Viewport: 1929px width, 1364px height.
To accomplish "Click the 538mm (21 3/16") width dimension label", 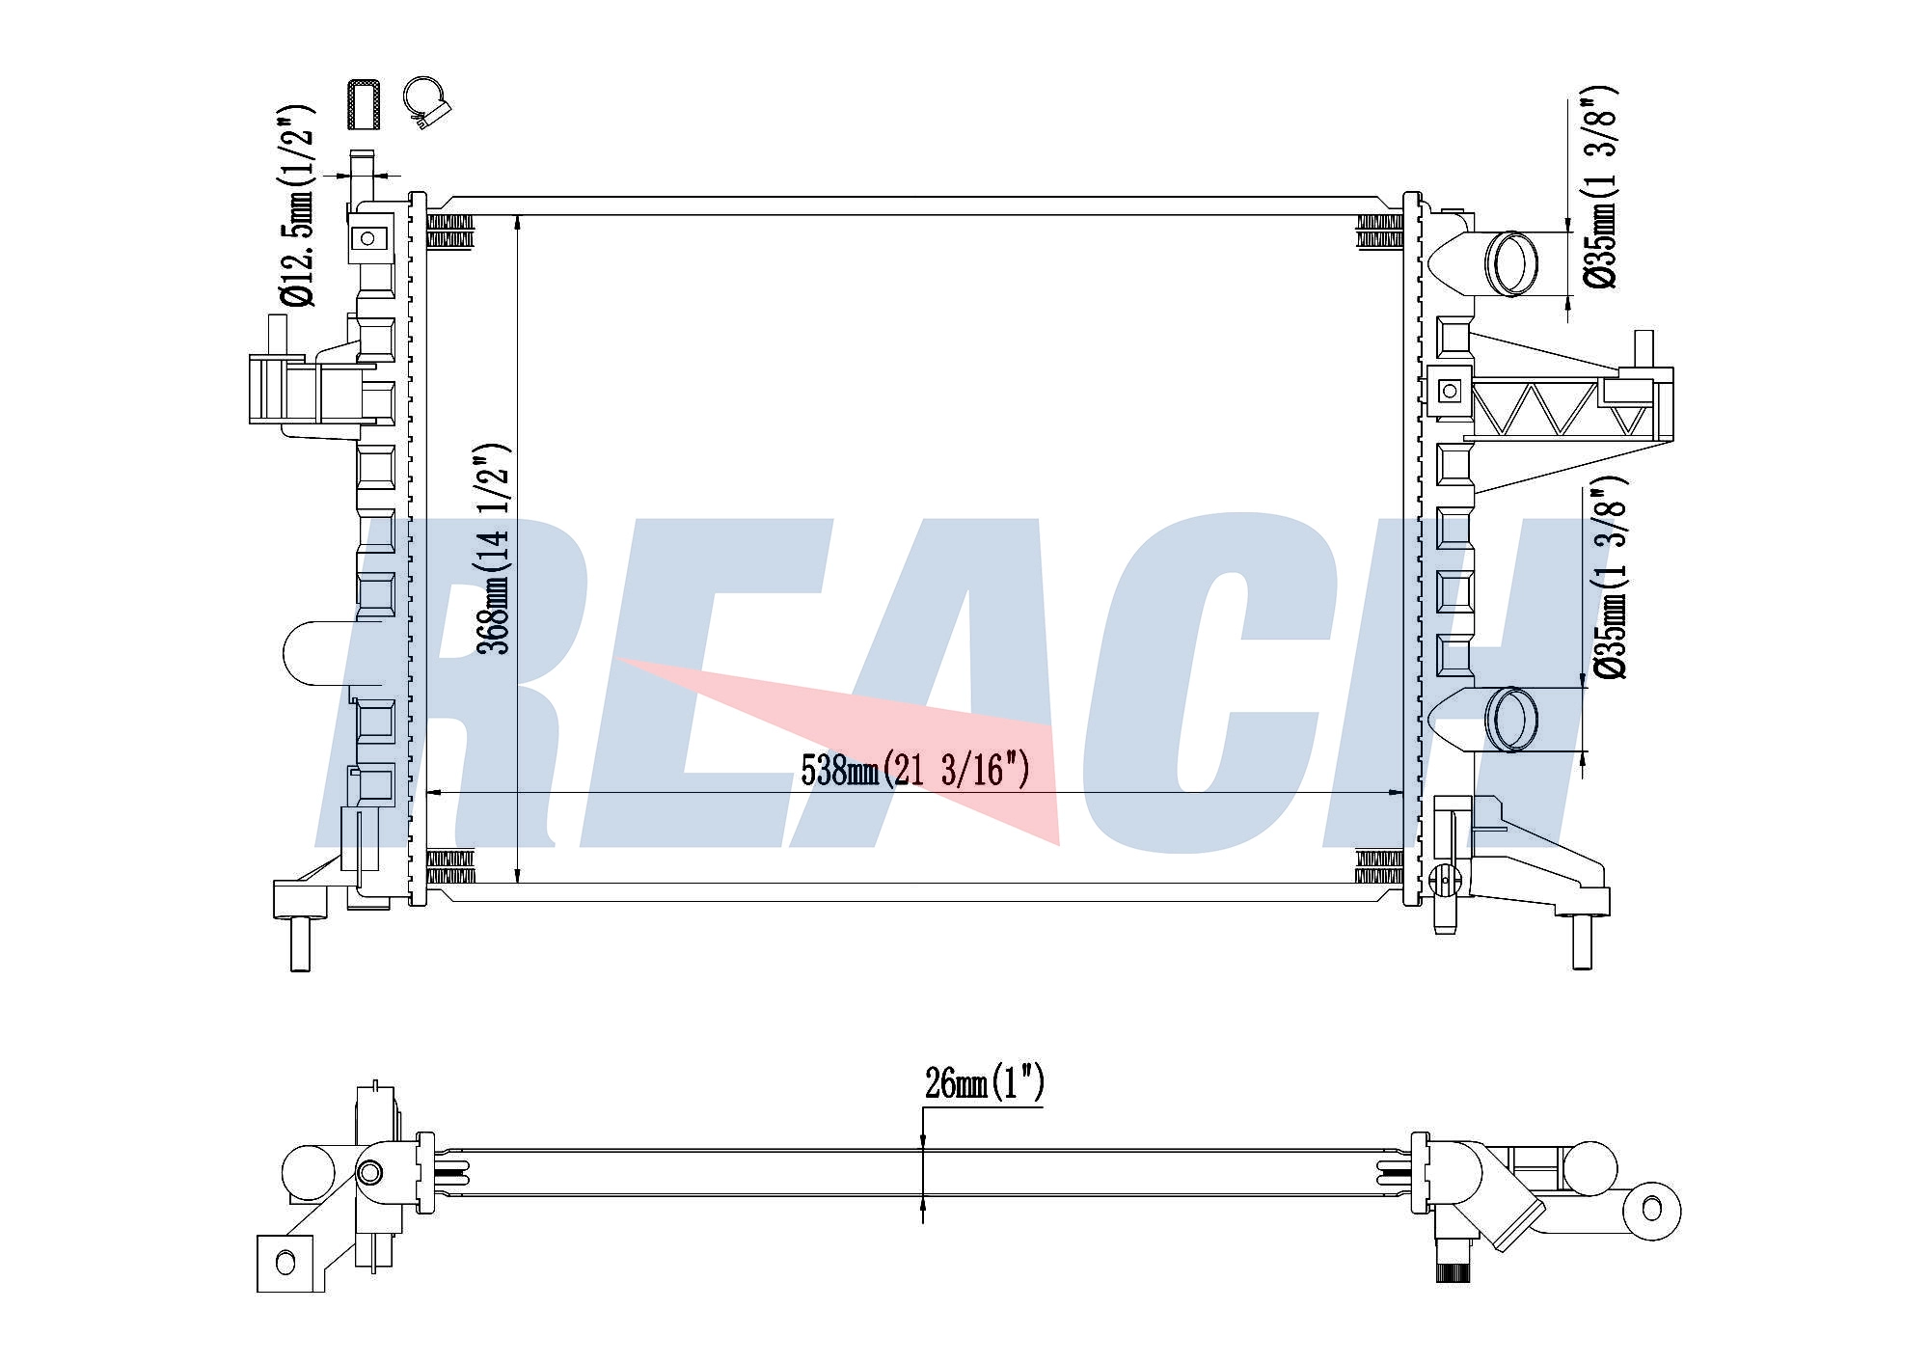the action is click(915, 770).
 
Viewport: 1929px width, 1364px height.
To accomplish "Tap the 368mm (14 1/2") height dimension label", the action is click(494, 549).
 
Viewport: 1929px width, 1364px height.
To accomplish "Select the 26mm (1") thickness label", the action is click(984, 1083).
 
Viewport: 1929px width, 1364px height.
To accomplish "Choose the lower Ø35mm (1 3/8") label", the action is click(1610, 577).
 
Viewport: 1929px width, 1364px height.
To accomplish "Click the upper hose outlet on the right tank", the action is click(1510, 262).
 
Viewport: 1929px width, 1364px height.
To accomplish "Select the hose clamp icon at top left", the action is click(427, 101).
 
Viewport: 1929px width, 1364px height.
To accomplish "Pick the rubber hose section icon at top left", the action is click(363, 104).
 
